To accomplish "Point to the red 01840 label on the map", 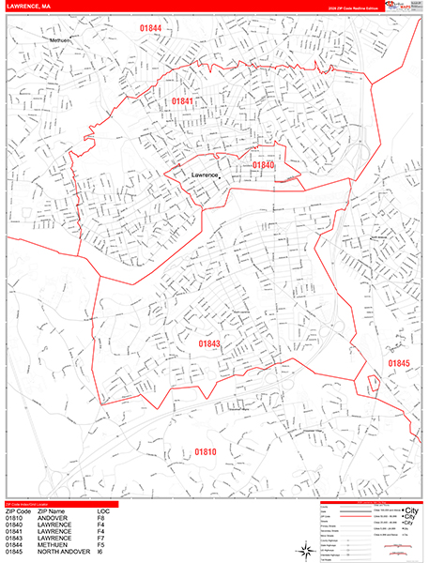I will click(264, 165).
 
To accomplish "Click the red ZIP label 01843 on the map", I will click(209, 344).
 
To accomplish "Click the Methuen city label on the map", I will click(60, 41).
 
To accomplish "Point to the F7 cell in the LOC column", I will click(100, 537).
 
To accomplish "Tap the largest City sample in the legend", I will click(409, 509).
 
